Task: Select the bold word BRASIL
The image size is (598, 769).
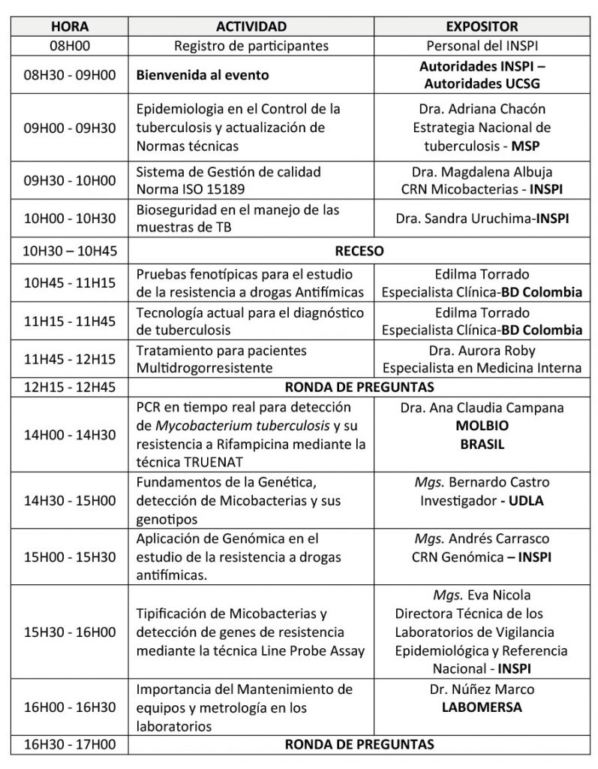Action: tap(482, 444)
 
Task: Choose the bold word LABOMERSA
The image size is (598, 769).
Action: tap(482, 707)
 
